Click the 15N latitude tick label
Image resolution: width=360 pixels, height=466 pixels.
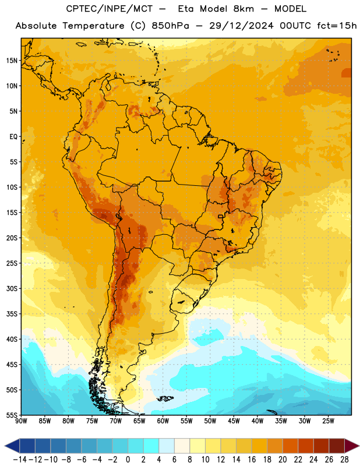[x=12, y=61]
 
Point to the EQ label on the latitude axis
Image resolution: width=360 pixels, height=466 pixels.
[x=13, y=137]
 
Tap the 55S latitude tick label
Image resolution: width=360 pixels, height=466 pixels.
[x=12, y=415]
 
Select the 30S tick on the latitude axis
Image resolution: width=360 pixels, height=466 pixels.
[x=12, y=288]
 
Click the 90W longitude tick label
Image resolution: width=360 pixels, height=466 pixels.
[x=21, y=421]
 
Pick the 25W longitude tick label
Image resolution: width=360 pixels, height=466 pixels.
[x=328, y=421]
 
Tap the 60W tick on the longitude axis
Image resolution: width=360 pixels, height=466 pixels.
[x=163, y=421]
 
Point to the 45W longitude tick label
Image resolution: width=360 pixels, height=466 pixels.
[x=234, y=421]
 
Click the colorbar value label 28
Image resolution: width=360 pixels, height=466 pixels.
[x=344, y=460]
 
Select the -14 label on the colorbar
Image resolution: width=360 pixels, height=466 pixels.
[x=20, y=460]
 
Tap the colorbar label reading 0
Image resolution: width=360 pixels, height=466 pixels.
[x=128, y=460]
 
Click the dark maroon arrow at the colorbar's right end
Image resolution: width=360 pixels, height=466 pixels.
[x=352, y=446]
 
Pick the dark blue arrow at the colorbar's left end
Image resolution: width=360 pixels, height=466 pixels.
[x=12, y=446]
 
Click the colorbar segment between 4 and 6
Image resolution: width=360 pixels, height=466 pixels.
[x=167, y=446]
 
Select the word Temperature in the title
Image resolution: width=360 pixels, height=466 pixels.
[x=93, y=26]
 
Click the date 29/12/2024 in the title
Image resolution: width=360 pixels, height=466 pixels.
[x=241, y=26]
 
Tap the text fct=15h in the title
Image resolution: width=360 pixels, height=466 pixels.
[x=337, y=26]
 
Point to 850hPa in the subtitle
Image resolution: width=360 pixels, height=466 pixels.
[x=170, y=26]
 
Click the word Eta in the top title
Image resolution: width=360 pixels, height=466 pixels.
[x=186, y=9]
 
